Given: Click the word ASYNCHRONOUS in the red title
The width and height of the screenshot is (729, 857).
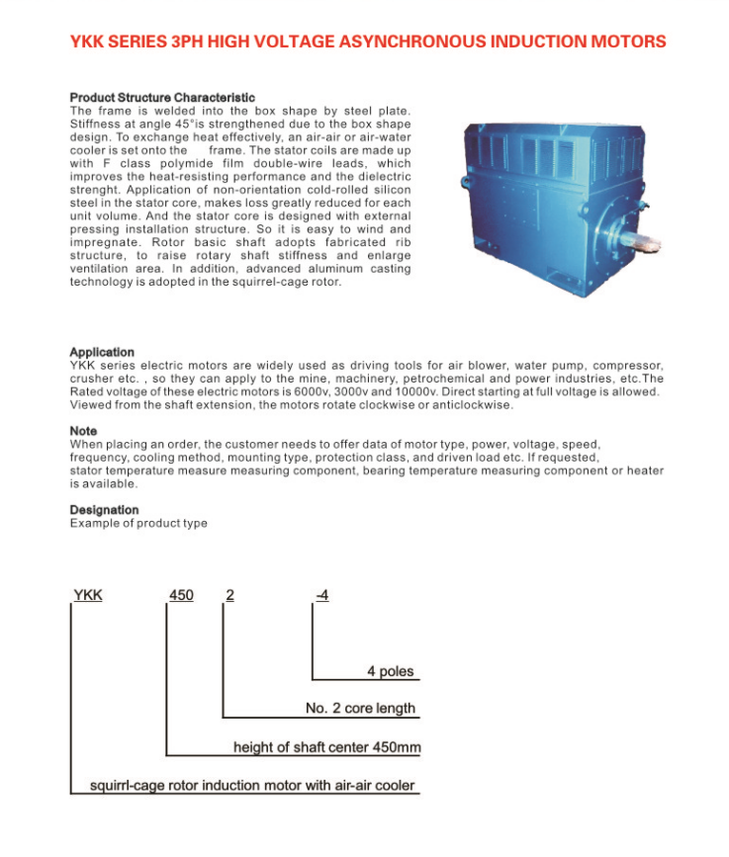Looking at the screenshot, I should click(416, 43).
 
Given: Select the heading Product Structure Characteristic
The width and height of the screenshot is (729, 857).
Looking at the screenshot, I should click(162, 98).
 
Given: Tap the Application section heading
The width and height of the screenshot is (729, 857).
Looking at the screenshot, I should click(102, 353).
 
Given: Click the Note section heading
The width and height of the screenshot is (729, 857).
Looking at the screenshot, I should click(83, 431).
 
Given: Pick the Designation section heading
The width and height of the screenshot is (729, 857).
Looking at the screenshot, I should click(104, 510).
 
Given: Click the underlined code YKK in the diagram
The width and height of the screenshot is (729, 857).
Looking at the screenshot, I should click(88, 595).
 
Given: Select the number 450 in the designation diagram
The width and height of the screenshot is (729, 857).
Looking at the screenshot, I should click(182, 595).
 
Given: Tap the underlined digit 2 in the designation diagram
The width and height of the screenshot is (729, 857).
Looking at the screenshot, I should click(229, 595).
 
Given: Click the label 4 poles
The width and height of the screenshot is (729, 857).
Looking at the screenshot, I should click(391, 672).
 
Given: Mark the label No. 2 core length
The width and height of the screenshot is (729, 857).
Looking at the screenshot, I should click(360, 709).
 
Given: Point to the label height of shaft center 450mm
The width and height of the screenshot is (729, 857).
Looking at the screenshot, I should click(326, 747).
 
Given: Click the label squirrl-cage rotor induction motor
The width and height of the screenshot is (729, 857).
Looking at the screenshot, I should click(252, 787).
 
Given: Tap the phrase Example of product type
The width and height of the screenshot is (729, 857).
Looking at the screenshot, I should click(138, 523).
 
